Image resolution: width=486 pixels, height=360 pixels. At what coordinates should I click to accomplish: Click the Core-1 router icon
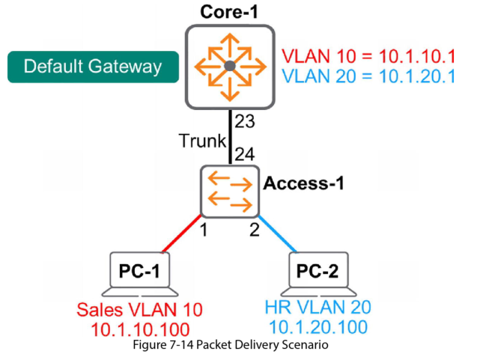coord(231,67)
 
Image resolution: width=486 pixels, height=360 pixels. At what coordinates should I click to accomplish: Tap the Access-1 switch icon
coord(230,190)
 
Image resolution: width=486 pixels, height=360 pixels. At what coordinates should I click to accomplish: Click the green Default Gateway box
coord(93,67)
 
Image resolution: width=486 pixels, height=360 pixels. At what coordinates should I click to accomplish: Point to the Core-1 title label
coord(230,12)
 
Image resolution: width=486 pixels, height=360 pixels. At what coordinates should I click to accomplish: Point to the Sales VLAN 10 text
coord(140,308)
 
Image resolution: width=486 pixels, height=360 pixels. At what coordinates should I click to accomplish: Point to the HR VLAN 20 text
coord(318,307)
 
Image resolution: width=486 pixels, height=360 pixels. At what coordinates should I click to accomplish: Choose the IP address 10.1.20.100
coord(318,326)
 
